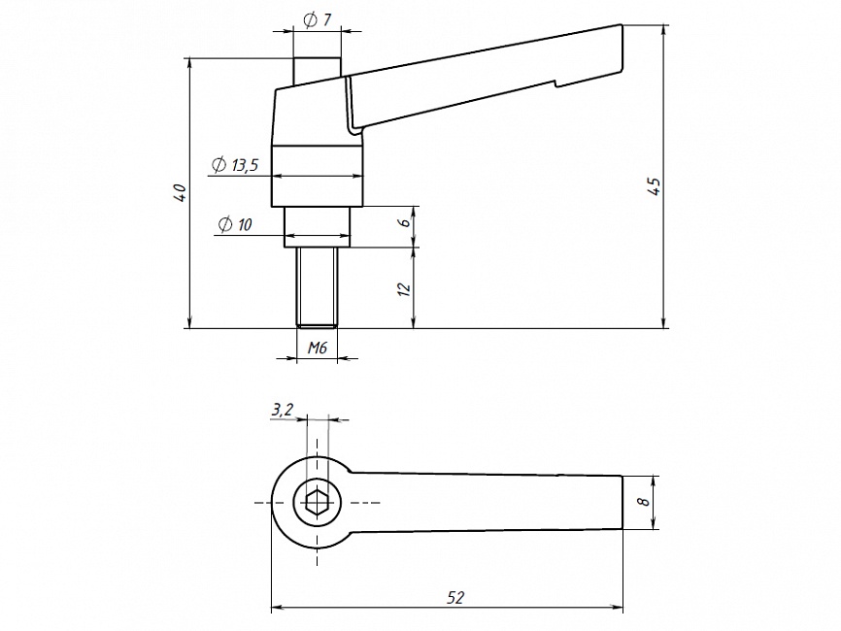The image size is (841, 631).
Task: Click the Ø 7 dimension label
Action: (318, 19)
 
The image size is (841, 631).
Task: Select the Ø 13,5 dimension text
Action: (234, 165)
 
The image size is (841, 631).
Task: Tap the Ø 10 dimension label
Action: (235, 224)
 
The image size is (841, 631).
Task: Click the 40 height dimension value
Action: (179, 193)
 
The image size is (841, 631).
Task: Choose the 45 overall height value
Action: (655, 186)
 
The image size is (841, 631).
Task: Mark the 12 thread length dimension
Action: (405, 288)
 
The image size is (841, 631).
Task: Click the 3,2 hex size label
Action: (282, 411)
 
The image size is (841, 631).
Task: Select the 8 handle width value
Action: (642, 502)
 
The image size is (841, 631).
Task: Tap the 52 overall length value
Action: (454, 597)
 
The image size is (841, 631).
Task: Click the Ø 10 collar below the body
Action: (317, 227)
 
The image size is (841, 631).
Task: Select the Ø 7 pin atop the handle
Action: (317, 70)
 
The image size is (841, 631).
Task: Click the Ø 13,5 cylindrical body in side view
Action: (317, 176)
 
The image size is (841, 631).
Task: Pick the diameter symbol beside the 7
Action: (310, 19)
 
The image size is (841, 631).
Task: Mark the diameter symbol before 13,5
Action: (219, 165)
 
